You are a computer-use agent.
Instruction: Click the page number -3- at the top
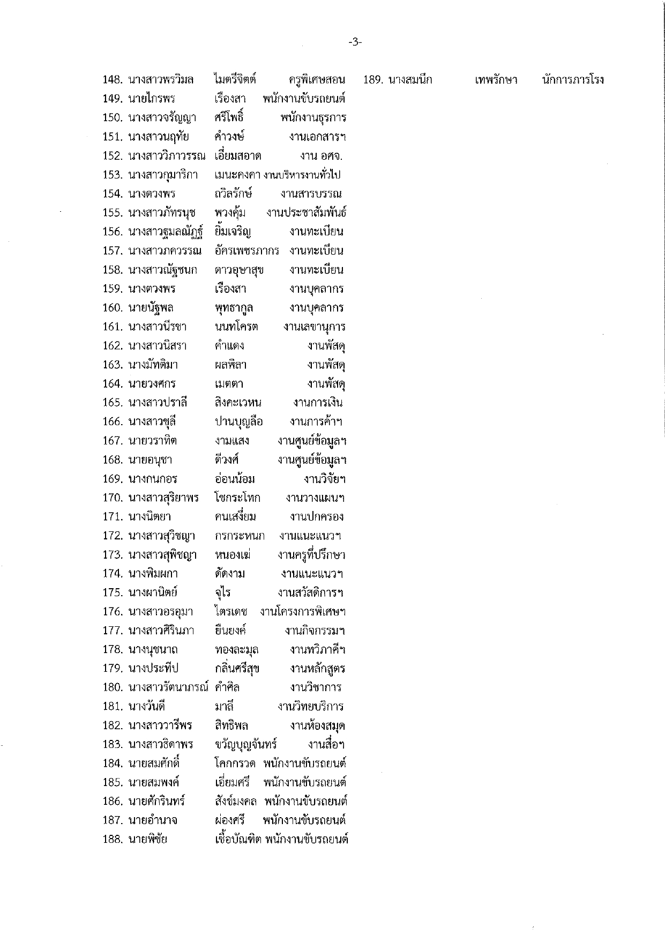[355, 42]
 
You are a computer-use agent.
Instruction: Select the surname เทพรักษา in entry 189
[496, 80]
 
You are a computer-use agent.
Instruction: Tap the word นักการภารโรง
[573, 80]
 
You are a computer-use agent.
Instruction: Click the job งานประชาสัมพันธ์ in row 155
[306, 213]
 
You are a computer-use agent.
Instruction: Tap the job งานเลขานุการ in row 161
[315, 327]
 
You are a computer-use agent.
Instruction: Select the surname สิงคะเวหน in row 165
[238, 403]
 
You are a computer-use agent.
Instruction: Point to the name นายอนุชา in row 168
[150, 460]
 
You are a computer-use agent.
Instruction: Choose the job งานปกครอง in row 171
[316, 517]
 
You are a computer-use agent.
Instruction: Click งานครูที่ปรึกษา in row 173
[311, 555]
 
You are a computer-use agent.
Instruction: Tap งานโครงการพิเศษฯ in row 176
[303, 612]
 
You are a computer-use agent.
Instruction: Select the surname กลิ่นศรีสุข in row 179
[237, 669]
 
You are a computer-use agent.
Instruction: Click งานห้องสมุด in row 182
[317, 726]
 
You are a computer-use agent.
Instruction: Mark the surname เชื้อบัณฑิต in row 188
[237, 840]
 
